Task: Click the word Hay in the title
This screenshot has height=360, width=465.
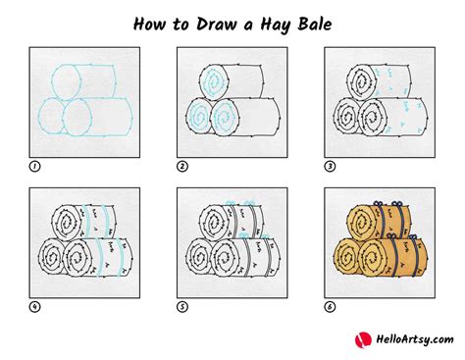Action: tap(276, 25)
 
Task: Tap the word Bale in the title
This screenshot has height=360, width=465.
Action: tap(315, 24)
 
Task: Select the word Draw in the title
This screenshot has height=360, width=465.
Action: tap(216, 24)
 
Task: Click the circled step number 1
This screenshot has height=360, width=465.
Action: tap(34, 167)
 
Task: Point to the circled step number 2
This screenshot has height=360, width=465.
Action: tap(182, 167)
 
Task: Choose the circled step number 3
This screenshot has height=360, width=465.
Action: tap(330, 167)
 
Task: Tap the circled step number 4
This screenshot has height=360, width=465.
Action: tap(34, 307)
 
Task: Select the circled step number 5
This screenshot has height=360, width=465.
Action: tap(182, 307)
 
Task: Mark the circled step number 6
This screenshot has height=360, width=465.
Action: tap(330, 307)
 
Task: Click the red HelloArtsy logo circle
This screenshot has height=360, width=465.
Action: tap(363, 340)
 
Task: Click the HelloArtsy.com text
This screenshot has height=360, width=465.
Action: tap(415, 339)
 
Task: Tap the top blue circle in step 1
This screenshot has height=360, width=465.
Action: tap(52, 81)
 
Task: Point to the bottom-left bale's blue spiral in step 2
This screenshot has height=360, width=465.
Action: tap(198, 116)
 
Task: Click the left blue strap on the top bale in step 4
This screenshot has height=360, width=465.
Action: tap(86, 221)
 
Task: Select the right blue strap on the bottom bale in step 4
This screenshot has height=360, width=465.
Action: tap(122, 258)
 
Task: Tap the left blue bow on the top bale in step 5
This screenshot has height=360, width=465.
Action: tap(230, 203)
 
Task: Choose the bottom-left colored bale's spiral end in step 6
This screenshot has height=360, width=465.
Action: tap(347, 257)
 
